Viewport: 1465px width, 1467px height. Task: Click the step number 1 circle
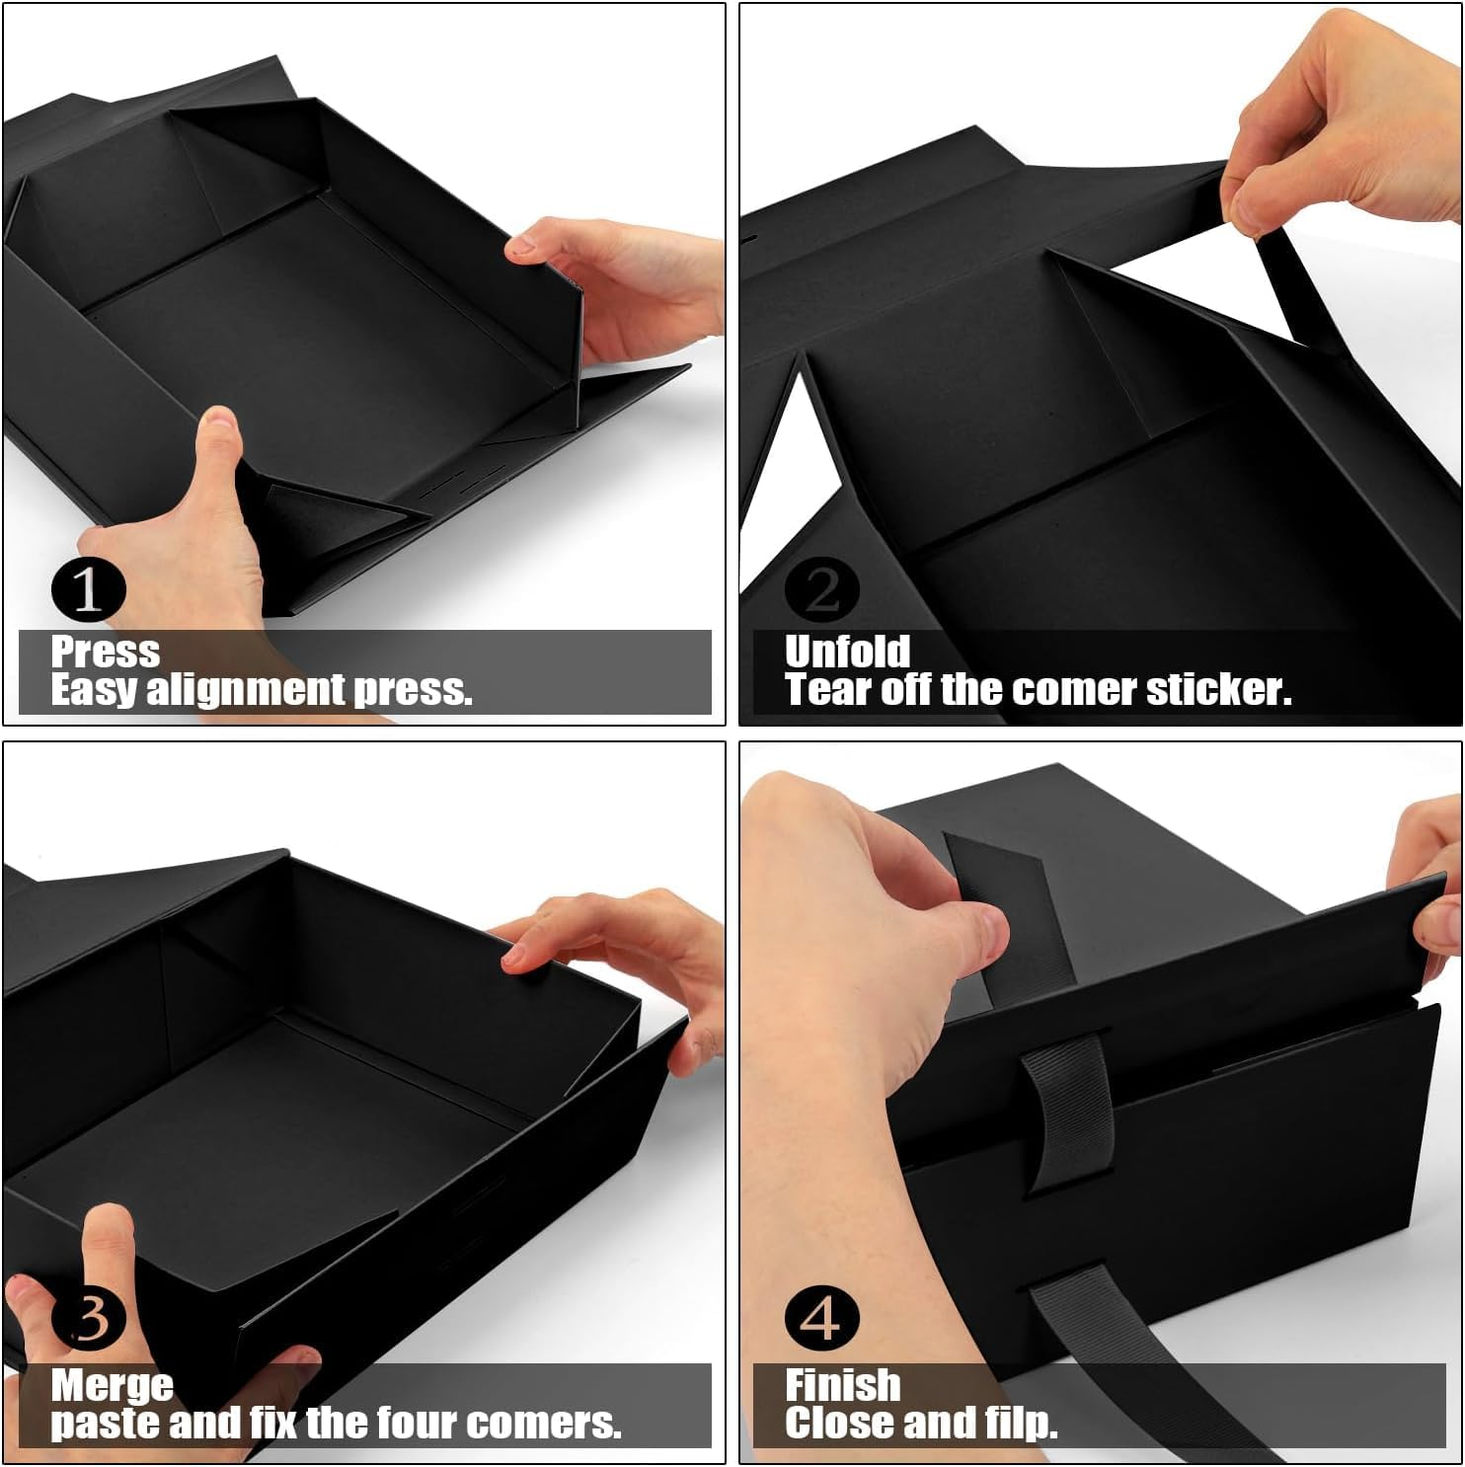pos(89,589)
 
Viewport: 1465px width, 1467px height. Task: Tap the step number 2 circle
pos(822,589)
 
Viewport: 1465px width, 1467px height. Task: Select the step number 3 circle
pos(89,1318)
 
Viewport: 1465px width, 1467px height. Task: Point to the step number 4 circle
pos(822,1318)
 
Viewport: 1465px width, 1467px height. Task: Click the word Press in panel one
pos(105,653)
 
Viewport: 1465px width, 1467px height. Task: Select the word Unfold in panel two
pos(847,653)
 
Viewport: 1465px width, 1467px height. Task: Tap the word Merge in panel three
pos(112,1386)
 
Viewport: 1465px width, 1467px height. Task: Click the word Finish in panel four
pos(842,1386)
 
